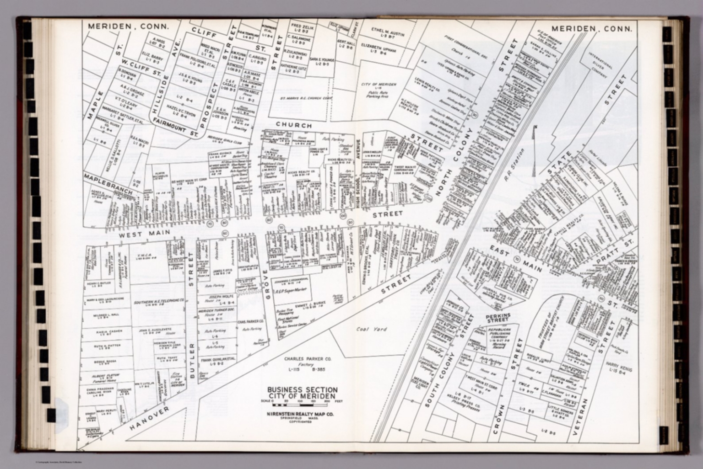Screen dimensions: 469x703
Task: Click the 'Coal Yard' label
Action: pyautogui.click(x=372, y=329)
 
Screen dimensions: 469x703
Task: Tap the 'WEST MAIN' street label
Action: pyautogui.click(x=145, y=233)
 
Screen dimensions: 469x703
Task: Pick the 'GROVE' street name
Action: pyautogui.click(x=264, y=288)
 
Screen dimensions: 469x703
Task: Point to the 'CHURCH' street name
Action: pyautogui.click(x=294, y=125)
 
